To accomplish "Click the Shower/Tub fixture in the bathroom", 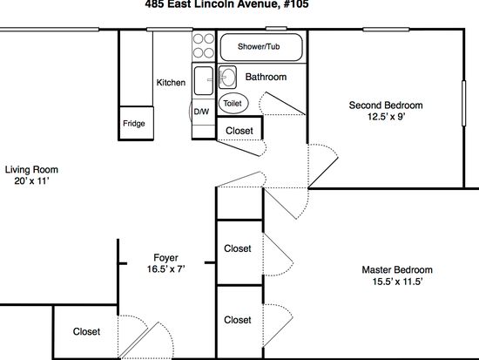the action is coord(261,47).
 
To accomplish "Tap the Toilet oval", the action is coord(233,103).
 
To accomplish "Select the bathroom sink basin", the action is coord(227,77).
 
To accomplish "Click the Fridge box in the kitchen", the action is coord(136,123).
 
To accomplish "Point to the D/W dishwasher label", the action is coord(202,112).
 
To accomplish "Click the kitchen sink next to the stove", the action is coord(204,80).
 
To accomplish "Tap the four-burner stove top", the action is coord(204,46).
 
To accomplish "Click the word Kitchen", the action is coord(171,82).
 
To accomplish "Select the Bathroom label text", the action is coord(266,77).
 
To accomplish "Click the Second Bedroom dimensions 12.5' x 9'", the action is coord(386,117).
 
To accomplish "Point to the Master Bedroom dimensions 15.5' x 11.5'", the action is coord(397,281).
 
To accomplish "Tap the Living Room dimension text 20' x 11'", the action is coord(31,180).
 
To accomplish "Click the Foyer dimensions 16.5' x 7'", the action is coord(165,268).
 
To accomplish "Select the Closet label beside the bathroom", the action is coord(239,131).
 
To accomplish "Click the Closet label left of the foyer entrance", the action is coord(86,331).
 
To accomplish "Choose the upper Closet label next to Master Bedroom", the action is coord(238,248).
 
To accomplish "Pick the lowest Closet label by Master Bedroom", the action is coord(238,320).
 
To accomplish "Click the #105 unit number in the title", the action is coord(296,4).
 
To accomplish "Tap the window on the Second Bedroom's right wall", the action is coord(463,103).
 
